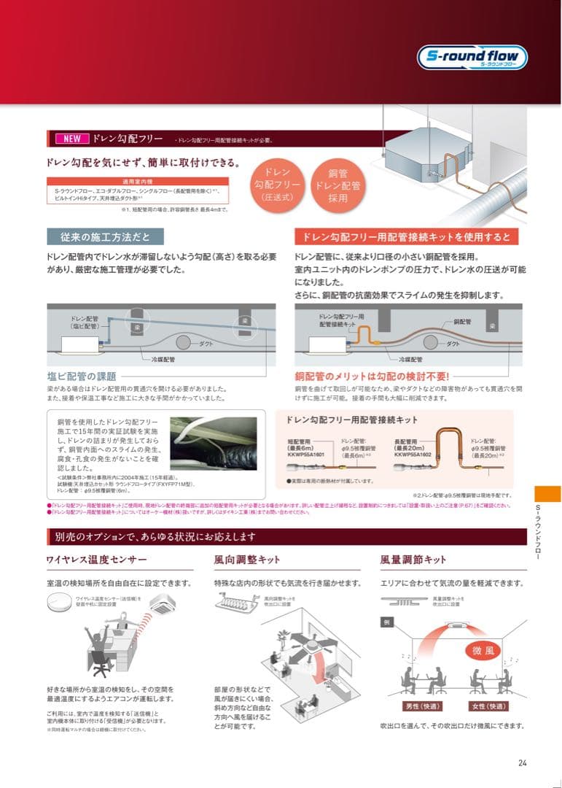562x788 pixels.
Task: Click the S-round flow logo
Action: pyautogui.click(x=472, y=58)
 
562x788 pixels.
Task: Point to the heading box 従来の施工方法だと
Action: pyautogui.click(x=106, y=236)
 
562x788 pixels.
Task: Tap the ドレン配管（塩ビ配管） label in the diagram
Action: pyautogui.click(x=85, y=322)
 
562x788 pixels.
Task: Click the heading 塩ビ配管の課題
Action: pyautogui.click(x=81, y=376)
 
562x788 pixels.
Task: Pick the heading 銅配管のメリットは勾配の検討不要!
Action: pyautogui.click(x=372, y=376)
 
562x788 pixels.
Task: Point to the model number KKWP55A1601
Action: pyautogui.click(x=307, y=453)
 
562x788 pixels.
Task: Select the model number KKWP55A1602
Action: pyautogui.click(x=413, y=453)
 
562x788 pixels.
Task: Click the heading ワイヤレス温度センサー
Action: pyautogui.click(x=97, y=560)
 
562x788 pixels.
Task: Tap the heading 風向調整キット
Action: pyautogui.click(x=247, y=560)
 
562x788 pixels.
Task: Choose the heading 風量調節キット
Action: pyautogui.click(x=413, y=560)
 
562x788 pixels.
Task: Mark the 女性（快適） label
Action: pyautogui.click(x=489, y=706)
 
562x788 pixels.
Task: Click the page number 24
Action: pyautogui.click(x=522, y=763)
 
